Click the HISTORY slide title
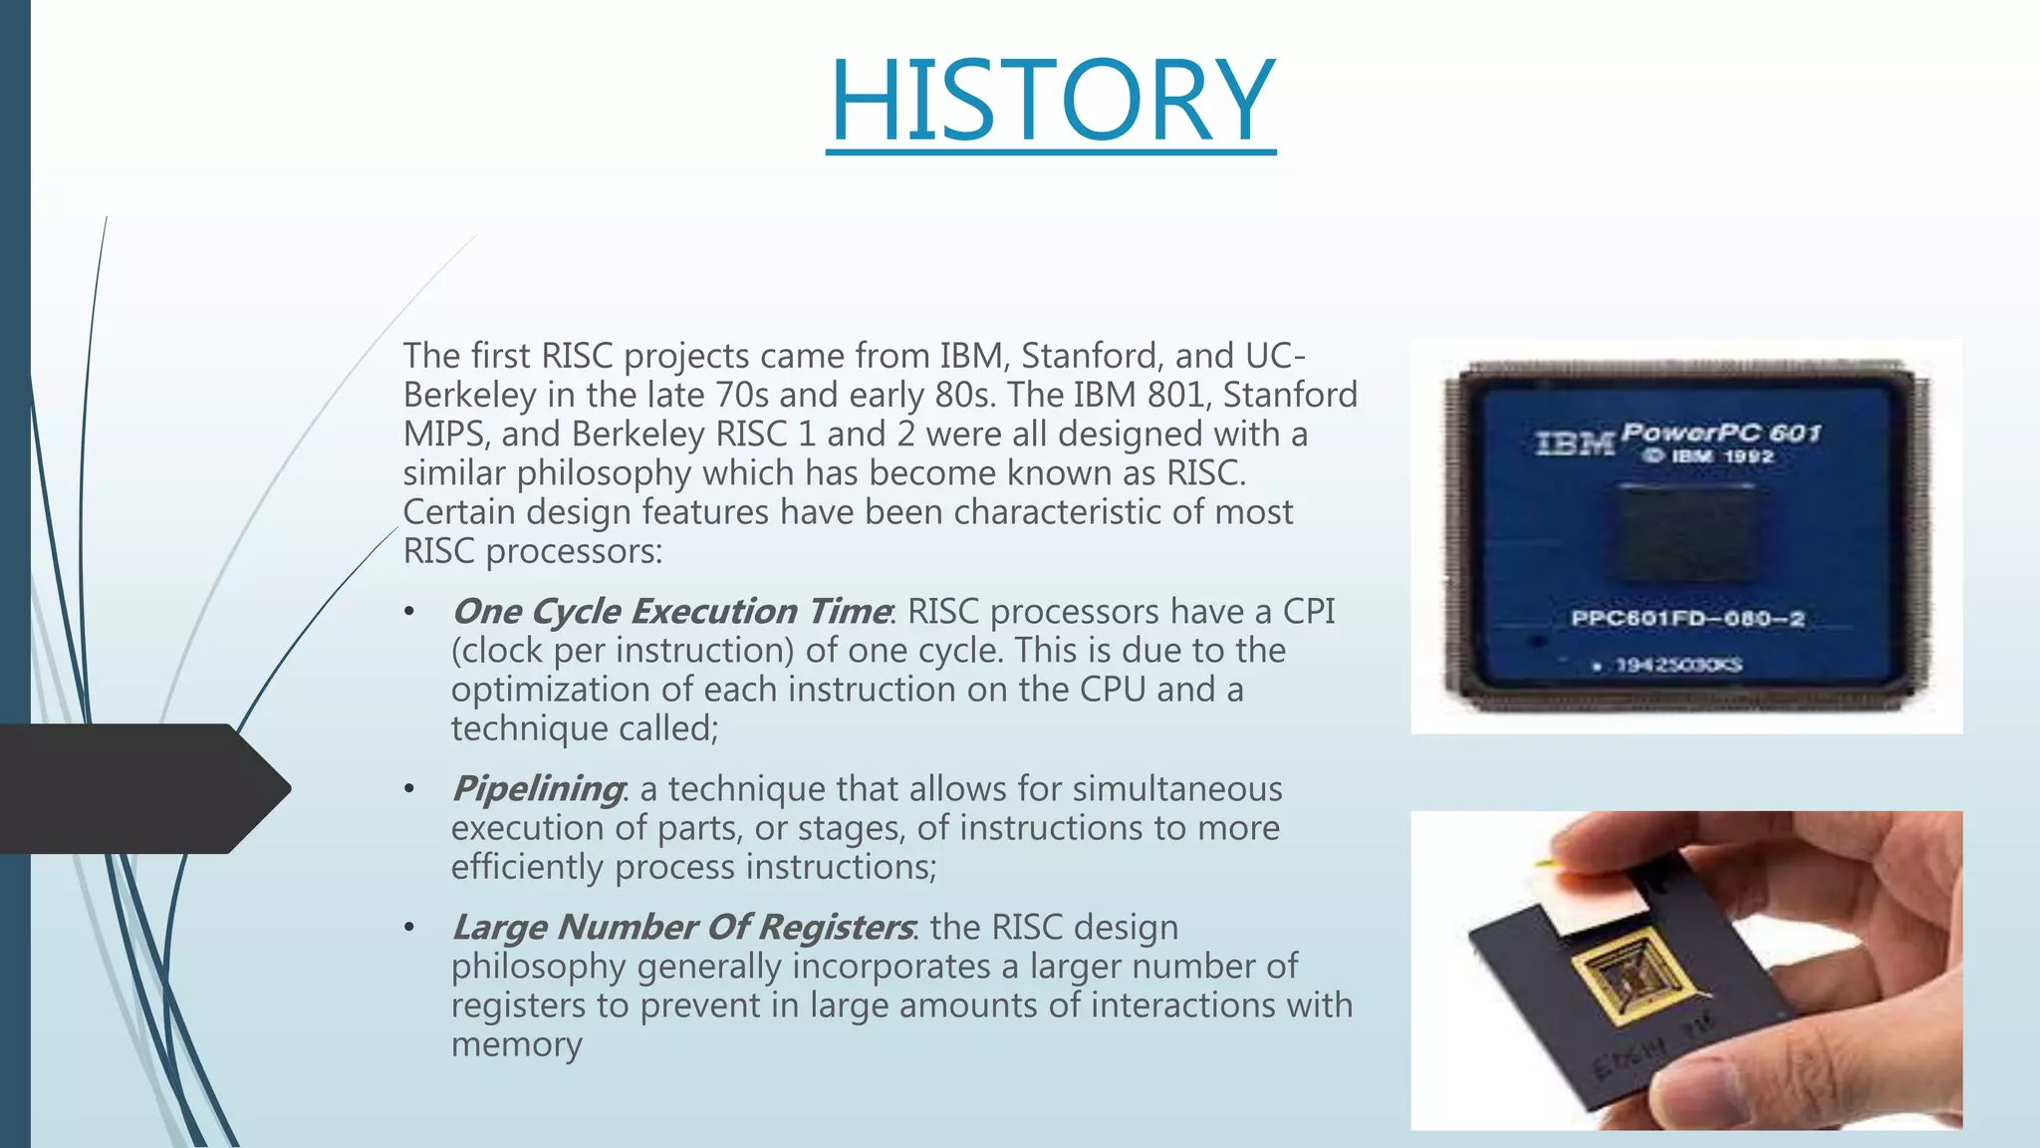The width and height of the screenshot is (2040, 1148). point(1051,100)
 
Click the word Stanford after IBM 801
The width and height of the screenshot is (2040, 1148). point(1290,395)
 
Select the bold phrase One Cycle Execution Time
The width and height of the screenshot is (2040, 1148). point(671,611)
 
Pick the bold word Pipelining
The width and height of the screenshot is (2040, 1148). point(538,788)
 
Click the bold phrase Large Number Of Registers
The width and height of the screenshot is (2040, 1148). point(682,927)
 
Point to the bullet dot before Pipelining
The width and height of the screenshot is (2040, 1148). point(408,789)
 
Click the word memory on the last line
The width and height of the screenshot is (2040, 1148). point(516,1044)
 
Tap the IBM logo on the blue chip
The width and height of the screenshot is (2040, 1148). point(1574,443)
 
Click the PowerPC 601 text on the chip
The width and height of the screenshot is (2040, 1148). point(1720,433)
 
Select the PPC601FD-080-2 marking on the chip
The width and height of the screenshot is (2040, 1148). point(1687,619)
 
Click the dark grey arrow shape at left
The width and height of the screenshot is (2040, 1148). point(139,788)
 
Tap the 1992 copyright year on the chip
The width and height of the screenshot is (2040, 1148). point(1749,456)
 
